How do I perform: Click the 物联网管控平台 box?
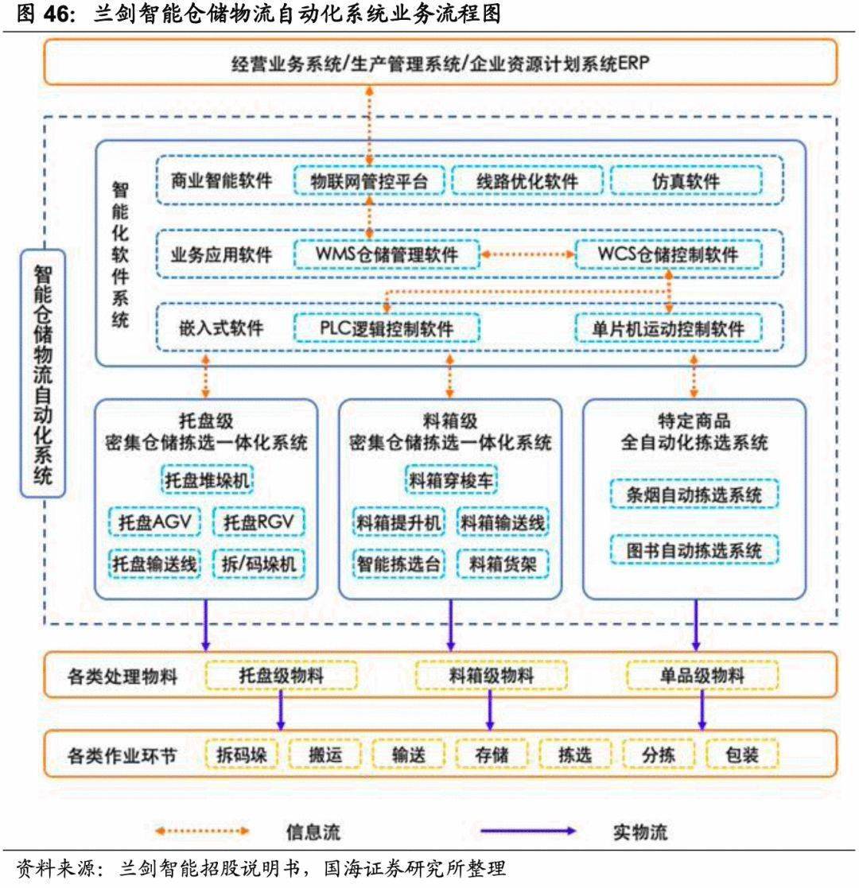(x=369, y=181)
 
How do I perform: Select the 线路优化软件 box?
(x=527, y=181)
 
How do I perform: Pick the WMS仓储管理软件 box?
(x=387, y=254)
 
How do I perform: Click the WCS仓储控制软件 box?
(x=668, y=254)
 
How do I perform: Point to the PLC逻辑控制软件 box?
(x=387, y=328)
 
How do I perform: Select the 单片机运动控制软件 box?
(x=668, y=328)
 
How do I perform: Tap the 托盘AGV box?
(x=156, y=522)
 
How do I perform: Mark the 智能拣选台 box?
(x=398, y=564)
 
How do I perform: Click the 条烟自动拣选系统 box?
(x=694, y=496)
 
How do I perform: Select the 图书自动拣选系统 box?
(x=694, y=550)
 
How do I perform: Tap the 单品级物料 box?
(x=702, y=677)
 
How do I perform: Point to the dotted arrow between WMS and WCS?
(x=527, y=254)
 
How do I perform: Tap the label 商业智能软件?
(x=221, y=181)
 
